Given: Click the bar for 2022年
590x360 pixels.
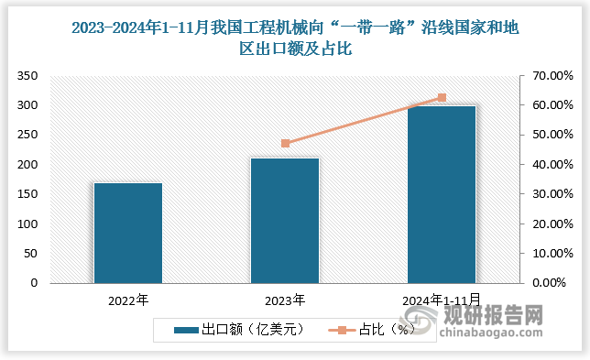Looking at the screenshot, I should [127, 233].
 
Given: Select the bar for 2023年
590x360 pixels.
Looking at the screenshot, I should [284, 221].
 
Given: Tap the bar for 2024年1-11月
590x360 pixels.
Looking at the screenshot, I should [442, 194].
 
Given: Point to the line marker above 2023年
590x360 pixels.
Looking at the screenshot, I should [285, 143].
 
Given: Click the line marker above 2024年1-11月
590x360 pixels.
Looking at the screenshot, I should [442, 97].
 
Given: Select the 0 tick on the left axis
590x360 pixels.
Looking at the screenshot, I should [35, 283].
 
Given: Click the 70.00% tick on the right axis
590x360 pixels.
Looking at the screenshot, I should [549, 76].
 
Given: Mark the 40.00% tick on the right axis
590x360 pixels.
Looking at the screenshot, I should [549, 165].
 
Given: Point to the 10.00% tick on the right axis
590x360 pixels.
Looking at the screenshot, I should [549, 254].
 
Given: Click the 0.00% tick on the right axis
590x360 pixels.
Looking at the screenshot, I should [552, 283].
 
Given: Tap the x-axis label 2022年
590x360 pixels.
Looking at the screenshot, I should [127, 300].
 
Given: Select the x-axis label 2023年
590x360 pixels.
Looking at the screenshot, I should [284, 300].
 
